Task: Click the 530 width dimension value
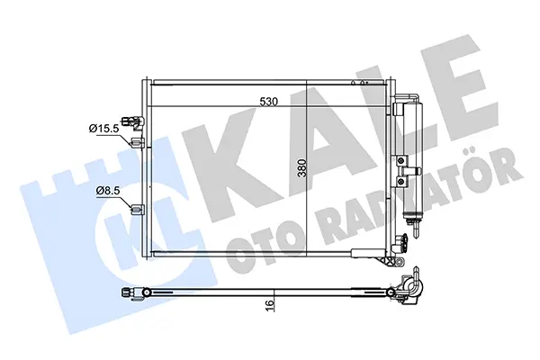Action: (268, 102)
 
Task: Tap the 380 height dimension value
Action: (302, 167)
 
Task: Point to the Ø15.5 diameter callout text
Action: (104, 129)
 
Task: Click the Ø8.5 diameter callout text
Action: (108, 190)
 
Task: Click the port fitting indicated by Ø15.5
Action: (139, 142)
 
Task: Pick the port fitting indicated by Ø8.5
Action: (138, 209)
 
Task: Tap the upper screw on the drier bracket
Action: (400, 160)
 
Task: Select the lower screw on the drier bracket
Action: (400, 180)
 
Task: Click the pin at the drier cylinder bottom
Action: (417, 229)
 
